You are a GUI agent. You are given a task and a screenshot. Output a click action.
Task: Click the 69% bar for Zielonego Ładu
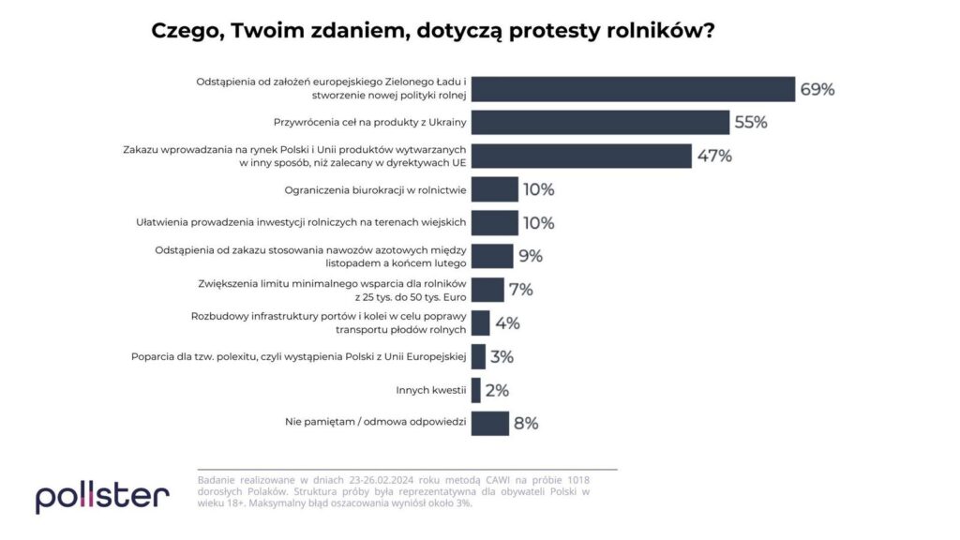click(633, 89)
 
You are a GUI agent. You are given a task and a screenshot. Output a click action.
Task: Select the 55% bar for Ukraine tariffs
click(600, 123)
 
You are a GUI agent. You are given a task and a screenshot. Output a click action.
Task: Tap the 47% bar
click(581, 156)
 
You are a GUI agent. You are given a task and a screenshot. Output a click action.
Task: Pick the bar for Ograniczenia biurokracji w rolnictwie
click(494, 189)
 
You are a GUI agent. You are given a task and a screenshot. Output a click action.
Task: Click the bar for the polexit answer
click(478, 356)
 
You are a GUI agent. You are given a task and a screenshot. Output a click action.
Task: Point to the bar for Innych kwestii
click(475, 390)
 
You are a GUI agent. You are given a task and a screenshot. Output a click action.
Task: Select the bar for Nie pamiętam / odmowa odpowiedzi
click(489, 423)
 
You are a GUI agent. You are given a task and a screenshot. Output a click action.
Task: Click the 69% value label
click(817, 90)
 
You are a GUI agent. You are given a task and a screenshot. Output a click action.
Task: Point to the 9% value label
click(531, 256)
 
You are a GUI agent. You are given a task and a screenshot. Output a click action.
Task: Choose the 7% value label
click(520, 290)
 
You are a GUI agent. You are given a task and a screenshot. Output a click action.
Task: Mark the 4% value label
click(507, 323)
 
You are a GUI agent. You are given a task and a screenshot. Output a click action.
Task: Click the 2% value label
click(497, 390)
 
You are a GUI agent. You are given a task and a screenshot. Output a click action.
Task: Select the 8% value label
click(526, 423)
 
